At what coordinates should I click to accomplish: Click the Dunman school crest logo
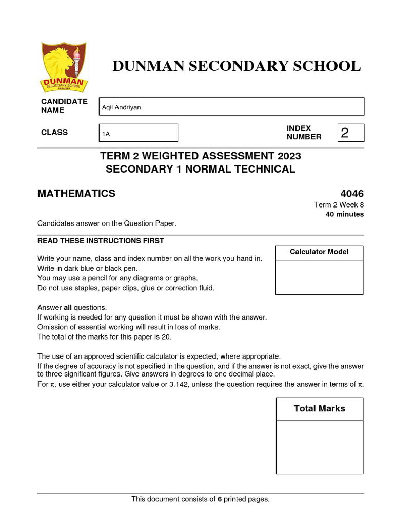[x=64, y=67]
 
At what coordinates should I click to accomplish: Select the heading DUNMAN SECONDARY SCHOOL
[x=237, y=66]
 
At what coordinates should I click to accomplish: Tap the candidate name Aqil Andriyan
[x=122, y=107]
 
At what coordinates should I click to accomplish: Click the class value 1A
[x=106, y=134]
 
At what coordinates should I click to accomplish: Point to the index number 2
[x=345, y=133]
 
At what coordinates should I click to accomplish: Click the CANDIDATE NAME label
[x=64, y=106]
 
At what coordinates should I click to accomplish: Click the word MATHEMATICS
[x=76, y=194]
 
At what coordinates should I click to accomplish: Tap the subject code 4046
[x=351, y=194]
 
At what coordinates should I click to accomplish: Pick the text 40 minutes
[x=345, y=214]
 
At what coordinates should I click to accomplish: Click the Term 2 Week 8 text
[x=339, y=204]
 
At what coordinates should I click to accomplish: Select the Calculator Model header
[x=319, y=252]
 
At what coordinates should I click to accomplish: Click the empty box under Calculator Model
[x=319, y=277]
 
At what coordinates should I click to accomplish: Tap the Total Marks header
[x=319, y=409]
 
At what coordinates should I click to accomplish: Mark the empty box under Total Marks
[x=319, y=447]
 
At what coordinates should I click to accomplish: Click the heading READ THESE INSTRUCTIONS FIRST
[x=101, y=241]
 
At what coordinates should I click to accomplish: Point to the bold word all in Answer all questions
[x=68, y=308]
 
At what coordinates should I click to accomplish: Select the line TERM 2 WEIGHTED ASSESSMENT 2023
[x=201, y=156]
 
